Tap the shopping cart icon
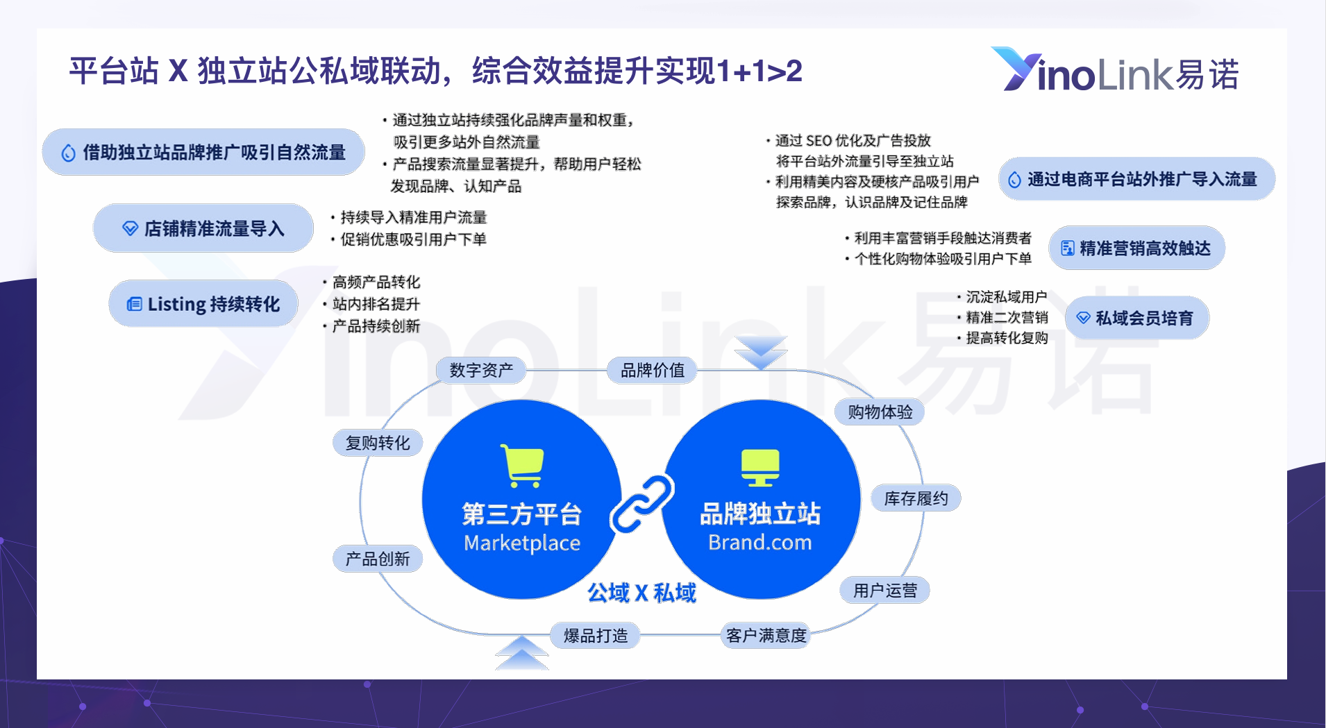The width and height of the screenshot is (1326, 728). (522, 465)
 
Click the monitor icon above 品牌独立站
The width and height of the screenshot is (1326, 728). (760, 468)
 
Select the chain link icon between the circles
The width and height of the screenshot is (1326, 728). (641, 504)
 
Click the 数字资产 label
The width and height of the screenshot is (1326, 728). (481, 370)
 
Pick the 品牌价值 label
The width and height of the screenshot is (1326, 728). (652, 370)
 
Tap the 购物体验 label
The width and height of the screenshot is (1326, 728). (880, 412)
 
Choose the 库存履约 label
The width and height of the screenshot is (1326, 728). (916, 498)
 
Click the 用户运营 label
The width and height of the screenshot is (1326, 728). (885, 591)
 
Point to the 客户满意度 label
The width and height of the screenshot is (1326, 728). (766, 635)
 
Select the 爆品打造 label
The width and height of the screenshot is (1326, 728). (596, 635)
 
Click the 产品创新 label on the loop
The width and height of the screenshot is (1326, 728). (378, 559)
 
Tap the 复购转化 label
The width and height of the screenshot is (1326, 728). (378, 443)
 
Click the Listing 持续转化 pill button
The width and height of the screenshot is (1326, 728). (203, 303)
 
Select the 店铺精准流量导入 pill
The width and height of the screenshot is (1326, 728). (203, 228)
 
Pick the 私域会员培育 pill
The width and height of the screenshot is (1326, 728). (1137, 318)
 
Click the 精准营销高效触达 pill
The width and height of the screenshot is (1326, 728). (1136, 248)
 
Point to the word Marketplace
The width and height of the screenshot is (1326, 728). (522, 543)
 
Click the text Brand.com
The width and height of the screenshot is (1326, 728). (760, 542)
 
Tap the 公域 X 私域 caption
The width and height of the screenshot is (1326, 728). (641, 593)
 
